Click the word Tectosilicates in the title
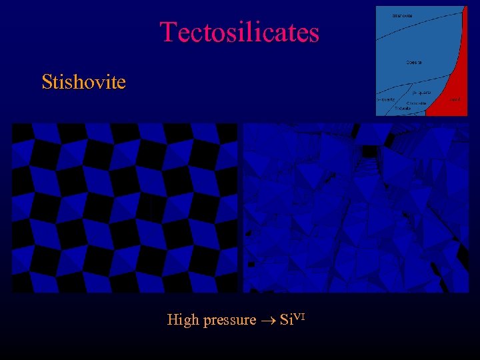(x=239, y=32)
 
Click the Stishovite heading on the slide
(x=83, y=82)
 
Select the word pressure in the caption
(x=229, y=320)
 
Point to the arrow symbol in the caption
(x=269, y=321)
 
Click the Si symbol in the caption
(x=286, y=320)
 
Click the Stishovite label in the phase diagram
(x=402, y=15)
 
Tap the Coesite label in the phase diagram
(x=413, y=63)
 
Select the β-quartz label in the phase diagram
(x=421, y=92)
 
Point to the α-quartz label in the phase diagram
(x=385, y=99)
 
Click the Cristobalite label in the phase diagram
(x=417, y=103)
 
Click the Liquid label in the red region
(x=455, y=99)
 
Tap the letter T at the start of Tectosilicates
(x=167, y=32)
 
